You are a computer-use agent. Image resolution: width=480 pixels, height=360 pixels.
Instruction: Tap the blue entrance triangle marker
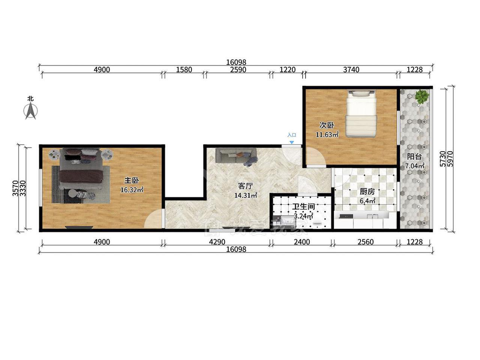(x=291, y=142)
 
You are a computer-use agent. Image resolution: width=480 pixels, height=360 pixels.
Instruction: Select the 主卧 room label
(x=132, y=180)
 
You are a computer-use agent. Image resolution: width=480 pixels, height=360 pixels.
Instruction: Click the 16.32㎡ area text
(x=132, y=190)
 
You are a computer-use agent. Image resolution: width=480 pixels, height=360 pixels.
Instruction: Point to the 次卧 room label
(x=327, y=125)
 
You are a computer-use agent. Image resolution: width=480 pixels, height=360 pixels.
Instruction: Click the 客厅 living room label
(x=246, y=186)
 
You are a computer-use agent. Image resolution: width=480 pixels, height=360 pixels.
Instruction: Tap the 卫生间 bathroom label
(x=303, y=207)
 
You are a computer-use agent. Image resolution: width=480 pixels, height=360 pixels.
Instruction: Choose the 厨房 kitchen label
(x=367, y=192)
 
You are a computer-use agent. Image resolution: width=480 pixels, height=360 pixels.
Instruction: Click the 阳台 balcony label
(x=414, y=156)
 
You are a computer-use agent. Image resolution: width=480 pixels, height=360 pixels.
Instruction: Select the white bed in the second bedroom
(x=361, y=114)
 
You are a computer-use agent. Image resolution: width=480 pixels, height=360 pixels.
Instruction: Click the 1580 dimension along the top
(x=184, y=70)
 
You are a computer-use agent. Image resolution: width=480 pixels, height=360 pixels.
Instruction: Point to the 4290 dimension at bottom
(x=217, y=242)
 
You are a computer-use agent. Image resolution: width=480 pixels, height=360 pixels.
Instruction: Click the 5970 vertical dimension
(x=450, y=159)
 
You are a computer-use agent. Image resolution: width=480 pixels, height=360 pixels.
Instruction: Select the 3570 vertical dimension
(x=15, y=188)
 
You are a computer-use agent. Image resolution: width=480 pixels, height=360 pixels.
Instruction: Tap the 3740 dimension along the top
(x=351, y=70)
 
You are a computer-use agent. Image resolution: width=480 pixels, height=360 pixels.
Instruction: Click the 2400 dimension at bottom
(x=302, y=242)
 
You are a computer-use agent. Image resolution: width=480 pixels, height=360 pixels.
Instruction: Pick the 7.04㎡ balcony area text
(x=415, y=166)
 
